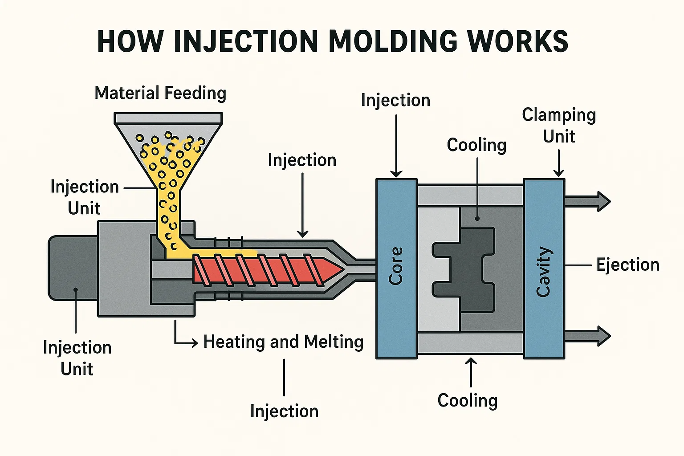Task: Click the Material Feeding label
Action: click(x=160, y=93)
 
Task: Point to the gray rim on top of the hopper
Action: click(x=168, y=118)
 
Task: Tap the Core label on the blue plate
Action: click(x=396, y=266)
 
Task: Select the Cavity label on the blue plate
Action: click(x=544, y=272)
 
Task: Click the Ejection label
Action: click(x=627, y=265)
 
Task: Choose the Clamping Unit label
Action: click(x=559, y=125)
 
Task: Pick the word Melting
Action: click(x=334, y=342)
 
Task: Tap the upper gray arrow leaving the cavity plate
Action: click(x=588, y=201)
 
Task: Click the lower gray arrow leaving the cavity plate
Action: click(x=588, y=336)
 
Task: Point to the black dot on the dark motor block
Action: click(x=76, y=290)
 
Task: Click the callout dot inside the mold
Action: click(x=477, y=219)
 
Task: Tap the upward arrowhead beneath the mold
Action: click(x=470, y=362)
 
